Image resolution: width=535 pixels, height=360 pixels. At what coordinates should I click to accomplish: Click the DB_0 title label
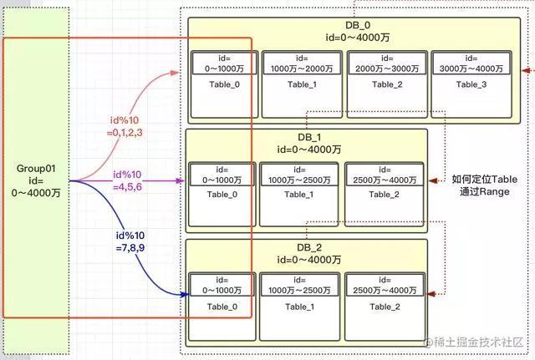pyautogui.click(x=358, y=25)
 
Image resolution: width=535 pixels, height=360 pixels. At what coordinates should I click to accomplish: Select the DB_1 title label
pyautogui.click(x=309, y=137)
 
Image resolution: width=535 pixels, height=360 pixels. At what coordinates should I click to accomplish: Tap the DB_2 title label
pyautogui.click(x=309, y=247)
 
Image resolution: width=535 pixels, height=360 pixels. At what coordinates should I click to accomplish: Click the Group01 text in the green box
pyautogui.click(x=36, y=169)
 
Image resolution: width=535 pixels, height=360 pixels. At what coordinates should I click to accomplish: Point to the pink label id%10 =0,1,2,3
pyautogui.click(x=125, y=126)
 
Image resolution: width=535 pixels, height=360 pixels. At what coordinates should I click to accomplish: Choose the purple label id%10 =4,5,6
pyautogui.click(x=127, y=180)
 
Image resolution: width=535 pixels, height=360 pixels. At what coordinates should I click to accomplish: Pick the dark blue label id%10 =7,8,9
pyautogui.click(x=130, y=241)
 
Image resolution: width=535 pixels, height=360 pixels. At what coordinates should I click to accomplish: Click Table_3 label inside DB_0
pyautogui.click(x=471, y=84)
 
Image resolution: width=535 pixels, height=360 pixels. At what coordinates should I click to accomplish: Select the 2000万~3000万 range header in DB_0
pyautogui.click(x=387, y=63)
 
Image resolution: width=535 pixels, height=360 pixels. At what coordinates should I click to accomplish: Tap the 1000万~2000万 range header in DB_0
pyautogui.click(x=302, y=63)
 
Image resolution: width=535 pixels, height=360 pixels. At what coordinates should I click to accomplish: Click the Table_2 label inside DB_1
pyautogui.click(x=384, y=195)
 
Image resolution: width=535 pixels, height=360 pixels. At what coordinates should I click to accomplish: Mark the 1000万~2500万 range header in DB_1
pyautogui.click(x=299, y=175)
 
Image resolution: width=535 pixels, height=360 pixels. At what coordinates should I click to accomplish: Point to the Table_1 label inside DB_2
pyautogui.click(x=299, y=307)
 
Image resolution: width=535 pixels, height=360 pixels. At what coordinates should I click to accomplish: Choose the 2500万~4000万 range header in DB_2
pyautogui.click(x=385, y=285)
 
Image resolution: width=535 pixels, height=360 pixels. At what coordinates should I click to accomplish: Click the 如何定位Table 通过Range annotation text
pyautogui.click(x=485, y=185)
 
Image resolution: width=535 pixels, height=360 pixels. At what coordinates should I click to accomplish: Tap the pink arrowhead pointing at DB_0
pyautogui.click(x=175, y=73)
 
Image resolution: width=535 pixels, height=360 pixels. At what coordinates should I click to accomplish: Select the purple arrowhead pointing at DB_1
pyautogui.click(x=180, y=180)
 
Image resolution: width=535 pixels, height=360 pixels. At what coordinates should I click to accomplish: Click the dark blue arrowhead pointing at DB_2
pyautogui.click(x=184, y=294)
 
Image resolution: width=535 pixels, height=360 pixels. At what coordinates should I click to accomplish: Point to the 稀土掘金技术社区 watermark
pyautogui.click(x=474, y=342)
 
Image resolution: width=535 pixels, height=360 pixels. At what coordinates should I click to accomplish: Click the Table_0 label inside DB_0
pyautogui.click(x=225, y=84)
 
